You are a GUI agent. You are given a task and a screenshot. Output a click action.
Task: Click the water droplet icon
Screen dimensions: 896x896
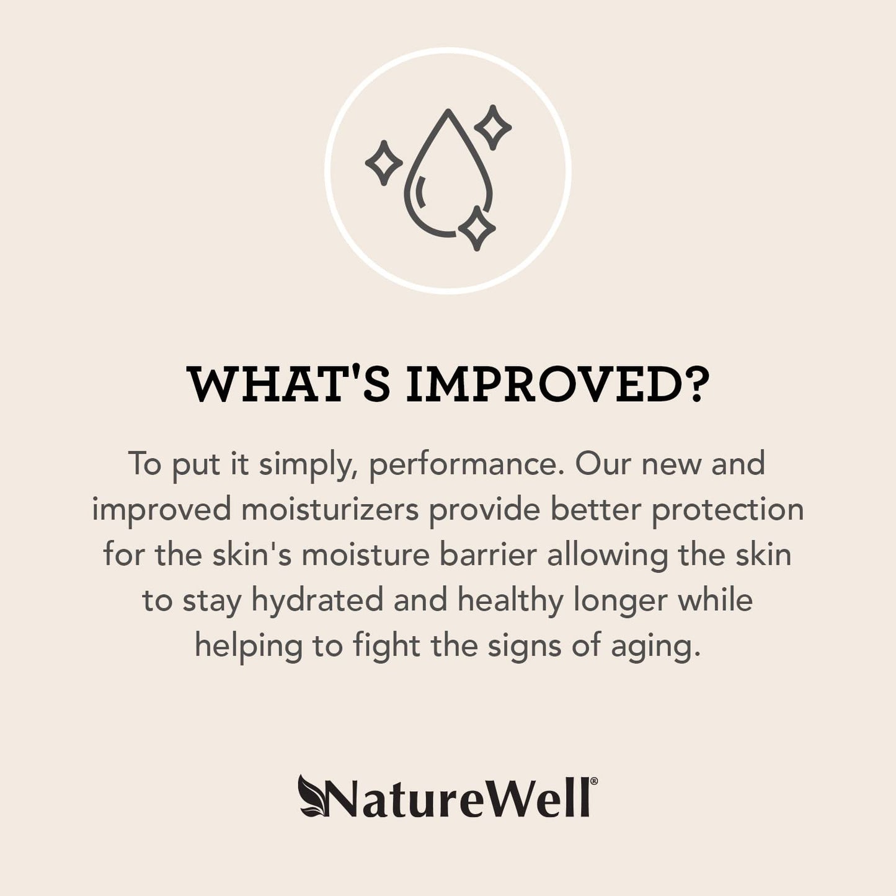[448, 177]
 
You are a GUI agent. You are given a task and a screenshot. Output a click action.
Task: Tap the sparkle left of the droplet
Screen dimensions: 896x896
[383, 162]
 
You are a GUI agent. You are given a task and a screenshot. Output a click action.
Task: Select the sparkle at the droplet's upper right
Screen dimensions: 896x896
[493, 127]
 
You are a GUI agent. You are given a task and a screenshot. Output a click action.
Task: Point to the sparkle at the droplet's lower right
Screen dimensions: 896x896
[476, 229]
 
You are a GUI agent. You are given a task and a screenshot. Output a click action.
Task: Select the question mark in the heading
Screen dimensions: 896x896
[693, 386]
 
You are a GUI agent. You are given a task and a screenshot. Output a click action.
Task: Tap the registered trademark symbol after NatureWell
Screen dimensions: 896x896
[594, 783]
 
